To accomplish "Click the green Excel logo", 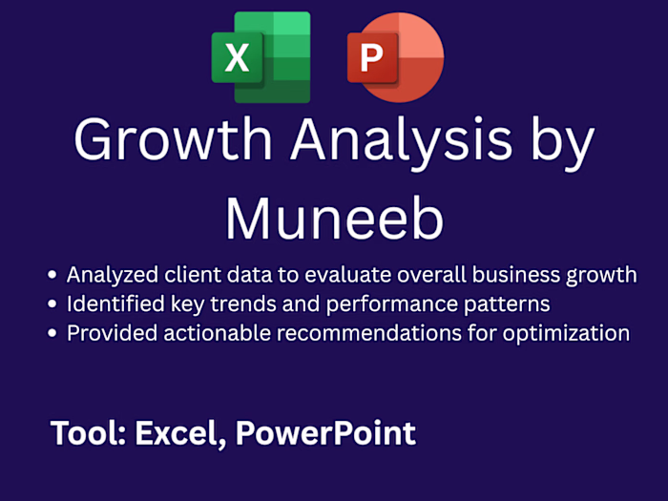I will click(261, 57).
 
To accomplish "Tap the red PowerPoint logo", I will click(394, 57).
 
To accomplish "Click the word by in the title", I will click(560, 143).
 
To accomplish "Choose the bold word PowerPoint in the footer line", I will click(325, 433).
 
